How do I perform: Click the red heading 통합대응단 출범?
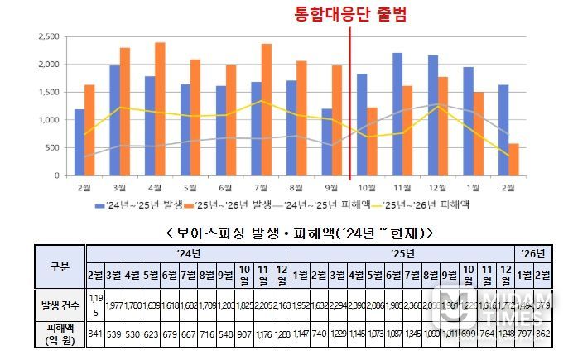point(351,14)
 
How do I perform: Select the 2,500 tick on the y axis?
point(49,36)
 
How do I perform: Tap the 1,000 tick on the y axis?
point(49,120)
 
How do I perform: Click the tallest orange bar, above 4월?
point(160,109)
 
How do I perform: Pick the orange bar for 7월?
point(267,110)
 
